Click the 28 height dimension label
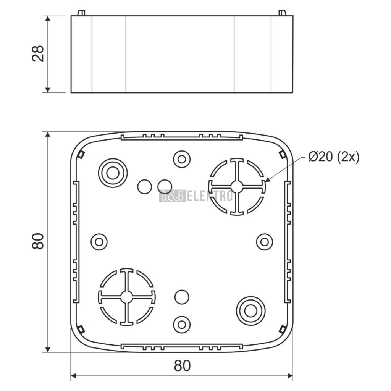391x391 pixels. [x=38, y=53]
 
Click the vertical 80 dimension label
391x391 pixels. [x=38, y=241]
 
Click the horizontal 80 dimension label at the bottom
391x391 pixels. [x=182, y=365]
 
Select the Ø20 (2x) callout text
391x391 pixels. [x=334, y=157]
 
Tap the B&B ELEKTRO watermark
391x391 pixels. [x=196, y=195]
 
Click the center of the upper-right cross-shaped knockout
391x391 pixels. [x=237, y=186]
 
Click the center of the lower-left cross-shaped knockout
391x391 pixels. [x=127, y=297]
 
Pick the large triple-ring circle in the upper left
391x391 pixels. [x=113, y=173]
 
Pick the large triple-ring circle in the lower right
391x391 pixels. [x=250, y=311]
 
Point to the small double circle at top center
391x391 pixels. [x=182, y=159]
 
